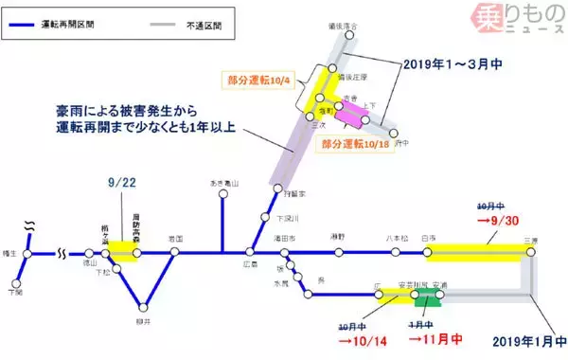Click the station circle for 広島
(x=250, y=253)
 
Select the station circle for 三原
(x=529, y=253)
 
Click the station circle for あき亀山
(x=222, y=196)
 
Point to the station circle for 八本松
(x=395, y=253)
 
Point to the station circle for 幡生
(x=28, y=253)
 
